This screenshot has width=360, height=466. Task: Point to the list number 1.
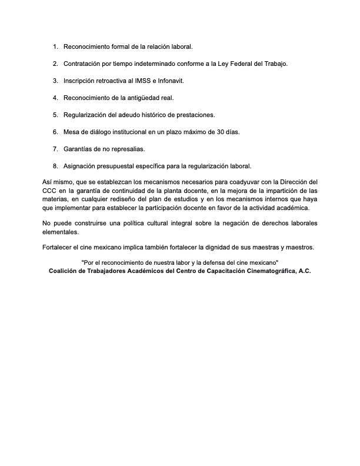pos(55,46)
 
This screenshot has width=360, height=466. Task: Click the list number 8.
pos(55,165)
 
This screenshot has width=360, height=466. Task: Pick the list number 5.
pos(55,114)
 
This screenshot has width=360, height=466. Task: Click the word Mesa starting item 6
pos(72,131)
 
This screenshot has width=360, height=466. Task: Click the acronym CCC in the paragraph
pos(50,191)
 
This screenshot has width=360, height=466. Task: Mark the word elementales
pos(60,232)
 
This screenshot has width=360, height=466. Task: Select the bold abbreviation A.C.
pos(302,271)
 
